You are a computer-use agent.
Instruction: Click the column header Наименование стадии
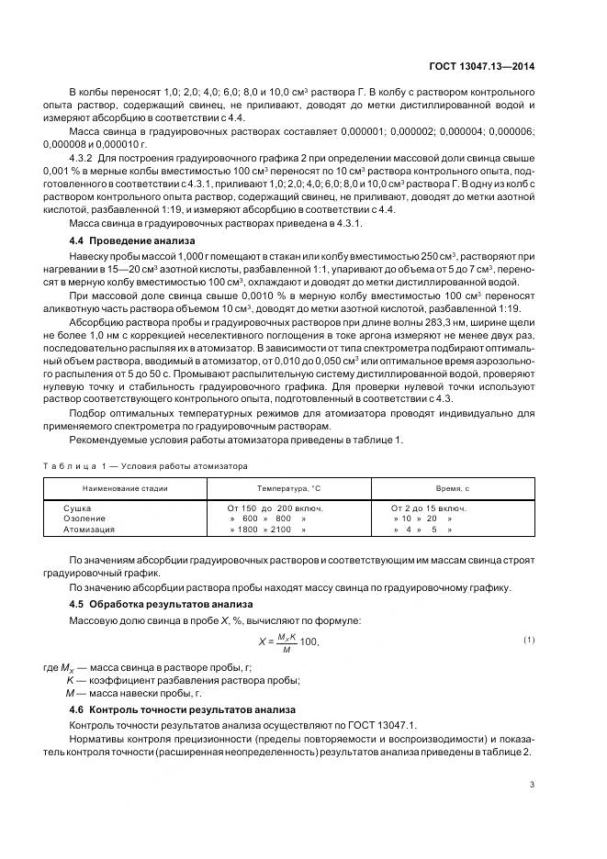click(125, 488)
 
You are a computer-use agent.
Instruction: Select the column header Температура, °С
click(284, 488)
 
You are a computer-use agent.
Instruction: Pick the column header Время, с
click(452, 488)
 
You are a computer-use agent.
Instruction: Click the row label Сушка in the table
click(76, 508)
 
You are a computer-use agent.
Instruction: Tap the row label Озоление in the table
click(82, 519)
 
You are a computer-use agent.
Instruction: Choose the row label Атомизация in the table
click(88, 530)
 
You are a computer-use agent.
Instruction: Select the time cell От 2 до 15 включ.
click(429, 508)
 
